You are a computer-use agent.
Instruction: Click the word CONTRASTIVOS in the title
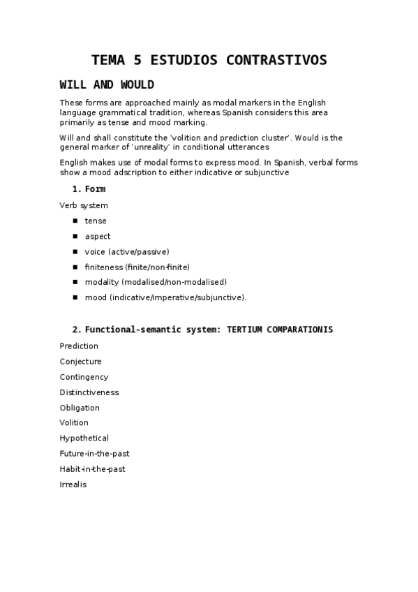coord(276,60)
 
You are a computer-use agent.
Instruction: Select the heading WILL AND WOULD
coord(107,85)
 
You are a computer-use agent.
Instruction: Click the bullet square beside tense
coord(74,221)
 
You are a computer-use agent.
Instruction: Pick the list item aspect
coord(98,236)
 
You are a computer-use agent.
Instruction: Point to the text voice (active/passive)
coord(127,251)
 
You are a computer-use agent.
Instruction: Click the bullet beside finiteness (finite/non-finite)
coord(74,267)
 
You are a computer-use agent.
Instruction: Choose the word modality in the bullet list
coord(102,282)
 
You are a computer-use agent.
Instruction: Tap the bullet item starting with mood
coord(165,297)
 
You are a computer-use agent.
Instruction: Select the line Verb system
coord(84,205)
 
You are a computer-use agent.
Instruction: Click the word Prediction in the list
coord(79,346)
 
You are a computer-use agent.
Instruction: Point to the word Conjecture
coord(81,362)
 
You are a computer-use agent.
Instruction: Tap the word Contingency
coord(84,377)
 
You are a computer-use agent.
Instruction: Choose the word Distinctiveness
coord(89,392)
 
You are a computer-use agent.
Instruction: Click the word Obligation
coord(80,408)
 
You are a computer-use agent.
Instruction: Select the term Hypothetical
coord(84,438)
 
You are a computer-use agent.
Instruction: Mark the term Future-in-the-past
coord(95,454)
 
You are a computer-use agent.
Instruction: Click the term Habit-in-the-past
coord(93,469)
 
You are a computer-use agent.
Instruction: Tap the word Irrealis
coord(73,484)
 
